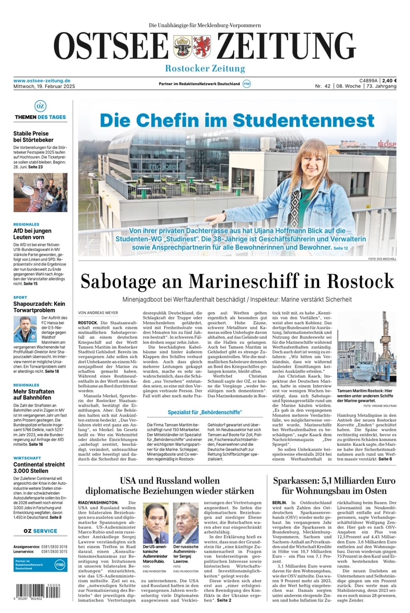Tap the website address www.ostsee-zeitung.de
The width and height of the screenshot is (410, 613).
(42, 80)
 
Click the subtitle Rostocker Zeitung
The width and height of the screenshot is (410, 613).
(205, 68)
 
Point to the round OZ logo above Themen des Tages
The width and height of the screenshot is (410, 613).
(41, 106)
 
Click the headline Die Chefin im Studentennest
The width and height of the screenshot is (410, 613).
(237, 120)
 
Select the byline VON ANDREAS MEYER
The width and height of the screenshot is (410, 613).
(98, 313)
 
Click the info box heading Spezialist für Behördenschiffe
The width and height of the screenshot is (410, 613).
(205, 412)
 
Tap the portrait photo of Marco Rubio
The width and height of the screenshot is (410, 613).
(155, 522)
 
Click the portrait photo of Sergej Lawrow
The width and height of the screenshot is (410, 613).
(185, 522)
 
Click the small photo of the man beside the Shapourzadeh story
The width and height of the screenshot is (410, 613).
(25, 329)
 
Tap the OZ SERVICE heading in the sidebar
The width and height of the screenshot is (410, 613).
(41, 531)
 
